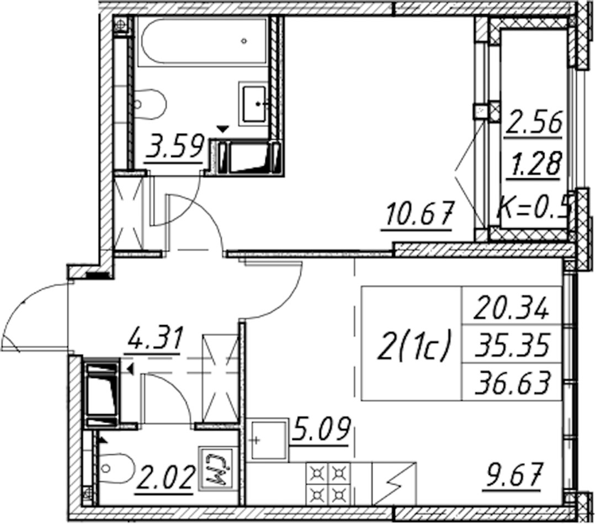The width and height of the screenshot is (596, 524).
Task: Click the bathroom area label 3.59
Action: (173, 146)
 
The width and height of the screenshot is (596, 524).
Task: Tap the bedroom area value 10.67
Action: (419, 214)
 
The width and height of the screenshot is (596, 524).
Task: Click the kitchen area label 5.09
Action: (321, 429)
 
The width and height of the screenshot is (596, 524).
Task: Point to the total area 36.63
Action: (512, 382)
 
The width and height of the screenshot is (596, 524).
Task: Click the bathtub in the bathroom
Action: (203, 42)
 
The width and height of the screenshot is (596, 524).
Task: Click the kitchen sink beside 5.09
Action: (268, 440)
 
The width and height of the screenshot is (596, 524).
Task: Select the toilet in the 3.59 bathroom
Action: (150, 104)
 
